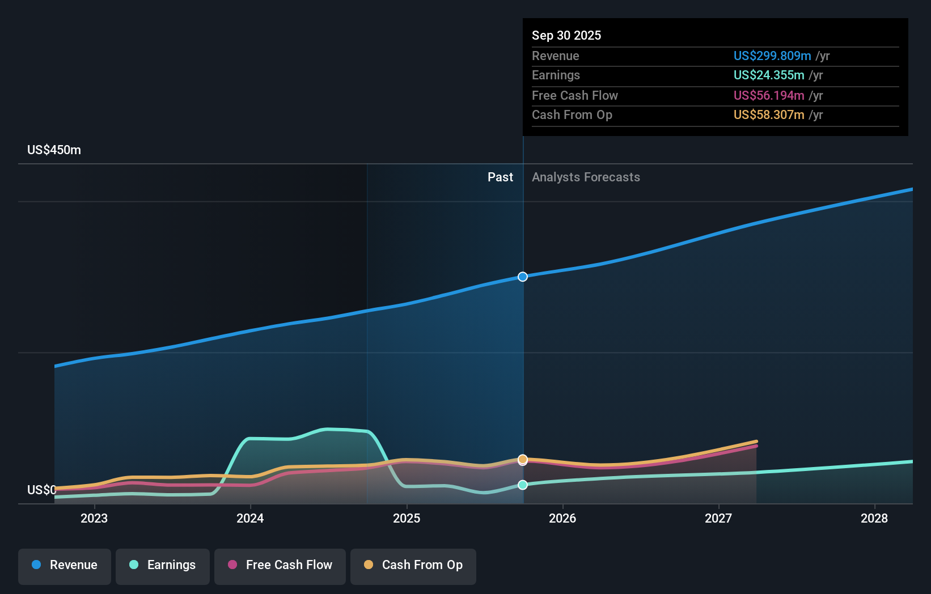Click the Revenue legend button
coord(65,566)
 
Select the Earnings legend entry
coord(163,566)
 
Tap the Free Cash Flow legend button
coord(280,566)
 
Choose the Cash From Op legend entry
coord(413,566)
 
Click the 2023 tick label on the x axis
coord(94,518)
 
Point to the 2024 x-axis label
coord(250,518)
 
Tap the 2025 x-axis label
coord(407,518)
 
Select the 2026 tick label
coord(562,518)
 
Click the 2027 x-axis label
coord(718,518)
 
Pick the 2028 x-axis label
coord(874,518)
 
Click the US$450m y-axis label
coord(54,150)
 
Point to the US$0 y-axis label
coord(41,490)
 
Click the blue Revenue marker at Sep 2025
coord(523,277)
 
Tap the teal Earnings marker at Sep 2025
coord(523,485)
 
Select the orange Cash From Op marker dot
coord(523,459)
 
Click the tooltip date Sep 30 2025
coord(566,35)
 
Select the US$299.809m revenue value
coord(772,56)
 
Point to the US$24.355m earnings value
coord(768,75)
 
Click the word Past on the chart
coord(500,177)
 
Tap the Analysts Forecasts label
coord(586,177)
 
